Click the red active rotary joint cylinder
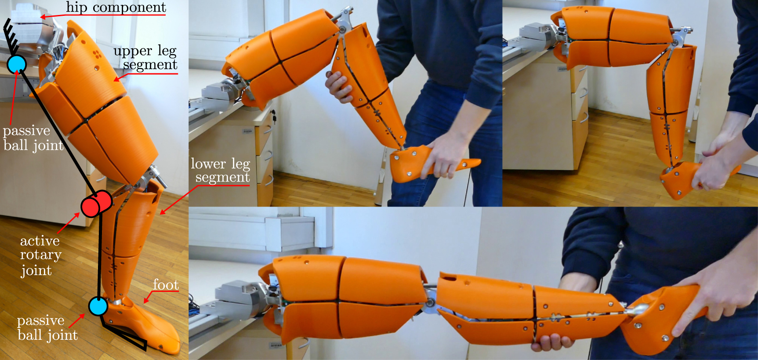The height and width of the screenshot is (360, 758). point(96,204)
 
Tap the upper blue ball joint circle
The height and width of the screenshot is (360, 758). point(17,64)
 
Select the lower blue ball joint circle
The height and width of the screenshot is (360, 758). point(98,306)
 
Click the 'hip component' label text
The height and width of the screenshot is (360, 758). point(116,7)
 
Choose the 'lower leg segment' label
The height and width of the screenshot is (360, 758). point(221,170)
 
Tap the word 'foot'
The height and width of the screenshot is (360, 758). point(166,285)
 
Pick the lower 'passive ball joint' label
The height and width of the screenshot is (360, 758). point(46,327)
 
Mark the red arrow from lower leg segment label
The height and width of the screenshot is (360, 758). point(176,200)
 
